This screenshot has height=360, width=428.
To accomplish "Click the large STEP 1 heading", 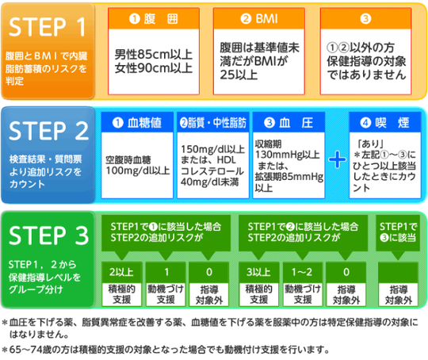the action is [x=48, y=27].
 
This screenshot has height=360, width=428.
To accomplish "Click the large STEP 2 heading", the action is [x=49, y=131].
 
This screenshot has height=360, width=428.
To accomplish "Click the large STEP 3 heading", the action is [x=49, y=236].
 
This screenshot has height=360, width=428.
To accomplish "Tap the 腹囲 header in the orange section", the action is [x=154, y=19].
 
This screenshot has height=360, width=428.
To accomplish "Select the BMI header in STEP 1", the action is [x=259, y=19].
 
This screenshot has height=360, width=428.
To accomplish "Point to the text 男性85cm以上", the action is [x=154, y=55].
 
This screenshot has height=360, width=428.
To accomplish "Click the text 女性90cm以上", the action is [x=154, y=68].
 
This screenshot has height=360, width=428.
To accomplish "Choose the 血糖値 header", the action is [x=137, y=123].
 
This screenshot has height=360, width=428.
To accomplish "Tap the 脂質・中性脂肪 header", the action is [x=213, y=123].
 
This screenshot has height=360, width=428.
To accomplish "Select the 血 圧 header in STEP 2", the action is [x=289, y=123].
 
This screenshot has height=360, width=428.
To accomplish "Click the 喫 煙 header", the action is [x=385, y=123].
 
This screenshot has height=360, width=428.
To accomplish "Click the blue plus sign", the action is [x=337, y=159].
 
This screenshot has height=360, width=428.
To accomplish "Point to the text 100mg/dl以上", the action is [x=138, y=170].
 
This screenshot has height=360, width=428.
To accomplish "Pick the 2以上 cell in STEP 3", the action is [x=122, y=272].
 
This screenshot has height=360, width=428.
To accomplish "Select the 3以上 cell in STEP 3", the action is [x=258, y=272].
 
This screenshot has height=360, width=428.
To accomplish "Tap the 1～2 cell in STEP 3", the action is [x=302, y=272].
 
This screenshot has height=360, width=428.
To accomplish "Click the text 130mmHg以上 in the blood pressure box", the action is [x=288, y=155].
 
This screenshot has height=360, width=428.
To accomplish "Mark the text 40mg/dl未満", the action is [x=209, y=182].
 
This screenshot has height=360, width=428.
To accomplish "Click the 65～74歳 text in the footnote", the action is [x=29, y=350].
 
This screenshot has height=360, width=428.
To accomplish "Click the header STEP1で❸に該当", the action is [x=398, y=232].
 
